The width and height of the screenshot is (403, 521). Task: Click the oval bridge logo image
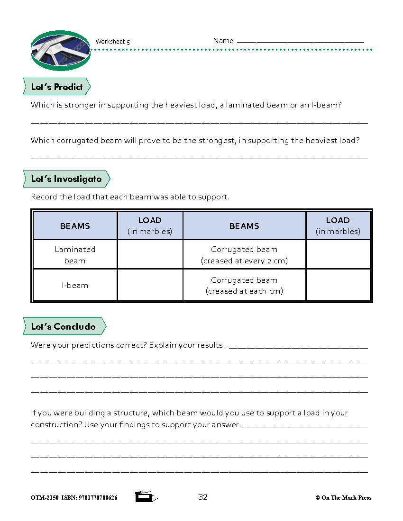coord(60,50)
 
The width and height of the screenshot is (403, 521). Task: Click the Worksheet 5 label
coord(112,42)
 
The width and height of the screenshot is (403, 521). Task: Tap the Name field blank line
coord(300,41)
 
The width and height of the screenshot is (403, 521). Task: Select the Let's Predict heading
coord(57,87)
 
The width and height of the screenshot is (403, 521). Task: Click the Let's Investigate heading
coord(66,179)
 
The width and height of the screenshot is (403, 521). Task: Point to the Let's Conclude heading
coord(64,327)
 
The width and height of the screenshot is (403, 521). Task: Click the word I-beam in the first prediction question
coord(326,105)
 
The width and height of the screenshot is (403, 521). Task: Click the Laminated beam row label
coord(75,255)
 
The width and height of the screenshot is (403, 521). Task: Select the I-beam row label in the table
coord(75,286)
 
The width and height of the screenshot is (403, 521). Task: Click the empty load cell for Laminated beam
coord(150,255)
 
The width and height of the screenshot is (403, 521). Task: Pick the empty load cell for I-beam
coord(150,286)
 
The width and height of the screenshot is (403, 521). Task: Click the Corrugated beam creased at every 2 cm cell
coord(244,255)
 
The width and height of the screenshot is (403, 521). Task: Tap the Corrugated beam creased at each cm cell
coord(244,286)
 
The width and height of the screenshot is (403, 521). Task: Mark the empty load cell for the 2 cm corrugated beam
coord(338,255)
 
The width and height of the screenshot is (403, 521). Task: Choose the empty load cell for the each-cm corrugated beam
coord(338,286)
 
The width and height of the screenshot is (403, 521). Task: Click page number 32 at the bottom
coord(203,497)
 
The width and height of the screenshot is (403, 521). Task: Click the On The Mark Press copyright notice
coord(343,498)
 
